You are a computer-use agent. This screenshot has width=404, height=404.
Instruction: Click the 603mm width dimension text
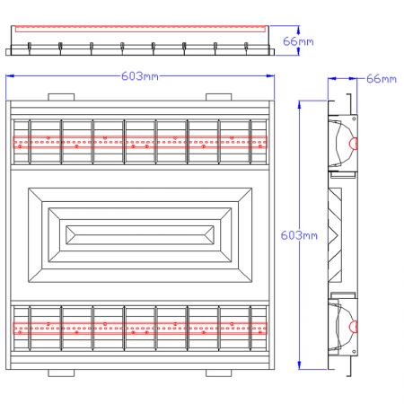pyautogui.click(x=140, y=77)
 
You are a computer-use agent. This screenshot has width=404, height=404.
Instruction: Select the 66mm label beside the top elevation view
pyautogui.click(x=298, y=41)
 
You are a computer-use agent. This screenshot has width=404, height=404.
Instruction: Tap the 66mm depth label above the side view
pyautogui.click(x=381, y=79)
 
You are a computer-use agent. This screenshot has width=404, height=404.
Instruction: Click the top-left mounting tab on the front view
pyautogui.click(x=60, y=96)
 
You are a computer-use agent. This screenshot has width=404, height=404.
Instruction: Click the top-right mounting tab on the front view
pyautogui.click(x=218, y=96)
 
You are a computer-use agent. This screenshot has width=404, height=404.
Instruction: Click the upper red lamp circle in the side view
pyautogui.click(x=353, y=143)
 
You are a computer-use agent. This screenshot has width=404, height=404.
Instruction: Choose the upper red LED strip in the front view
pyautogui.click(x=140, y=142)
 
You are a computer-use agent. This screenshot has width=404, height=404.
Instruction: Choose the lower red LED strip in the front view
pyautogui.click(x=140, y=327)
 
